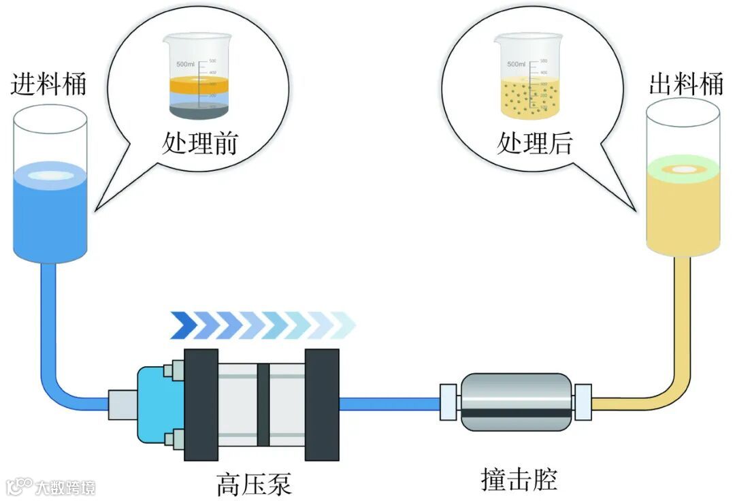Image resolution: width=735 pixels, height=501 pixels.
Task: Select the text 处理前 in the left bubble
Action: pyautogui.click(x=199, y=144)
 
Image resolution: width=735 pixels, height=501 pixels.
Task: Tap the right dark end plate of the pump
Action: pyautogui.click(x=322, y=405)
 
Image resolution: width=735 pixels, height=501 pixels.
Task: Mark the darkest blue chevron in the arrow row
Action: pyautogui.click(x=182, y=325)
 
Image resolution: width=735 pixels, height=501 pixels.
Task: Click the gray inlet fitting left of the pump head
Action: pyautogui.click(x=122, y=404)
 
